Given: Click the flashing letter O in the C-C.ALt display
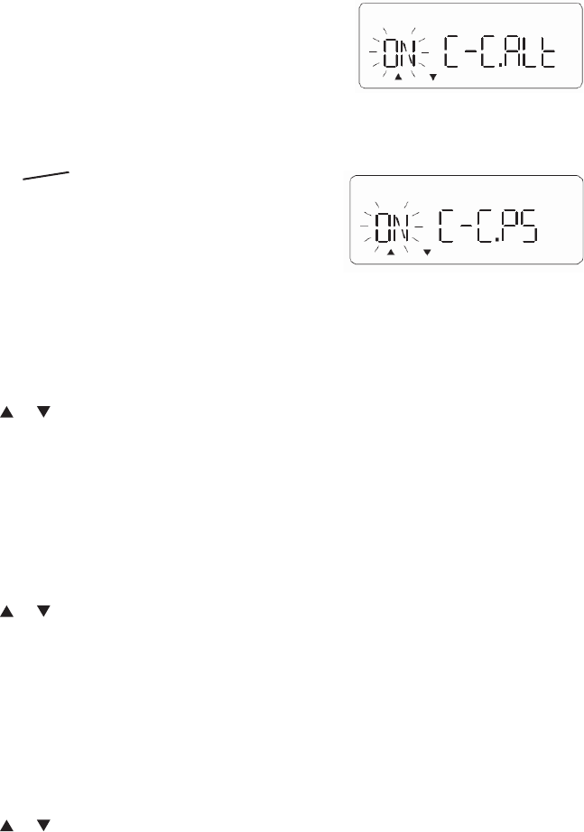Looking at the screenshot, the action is click(x=393, y=56).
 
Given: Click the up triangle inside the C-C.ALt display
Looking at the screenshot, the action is click(x=397, y=78).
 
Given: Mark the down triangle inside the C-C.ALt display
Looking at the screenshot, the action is click(x=432, y=78).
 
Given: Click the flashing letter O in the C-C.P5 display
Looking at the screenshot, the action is click(x=385, y=229).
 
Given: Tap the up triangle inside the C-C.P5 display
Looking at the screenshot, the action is click(x=390, y=254).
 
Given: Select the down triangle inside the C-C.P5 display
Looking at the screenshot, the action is click(x=426, y=254).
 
